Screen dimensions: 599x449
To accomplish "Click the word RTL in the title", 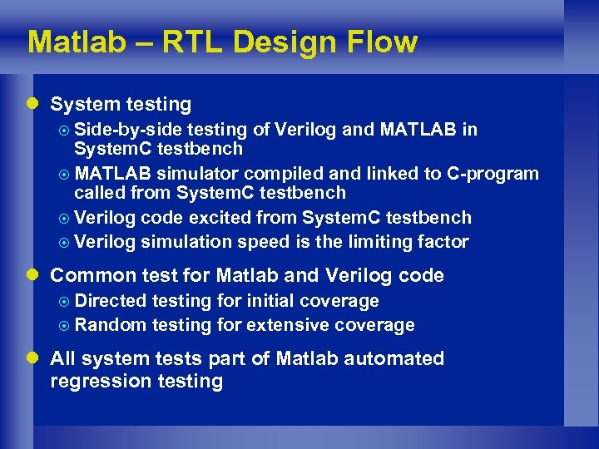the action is pyautogui.click(x=190, y=42).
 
